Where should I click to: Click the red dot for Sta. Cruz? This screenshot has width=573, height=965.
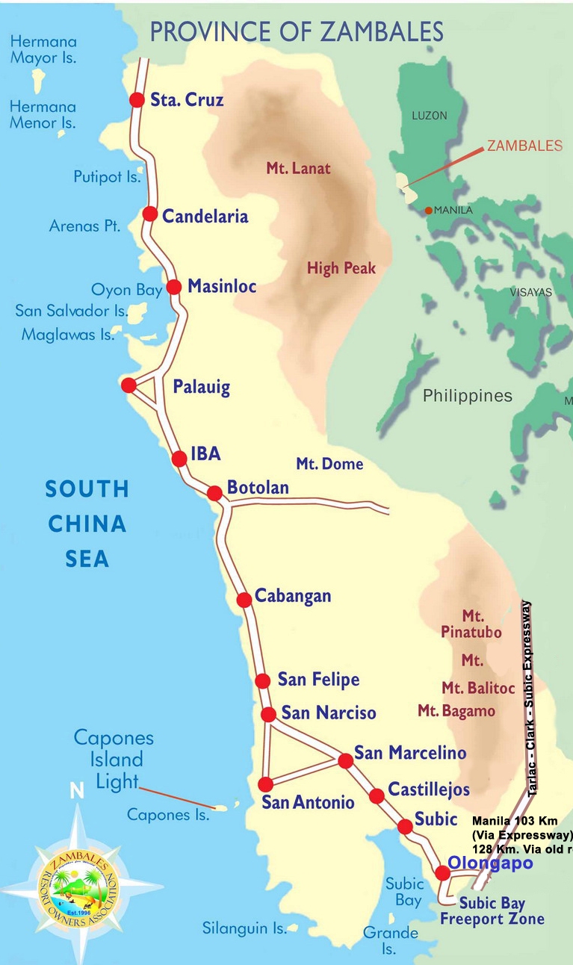pyautogui.click(x=137, y=99)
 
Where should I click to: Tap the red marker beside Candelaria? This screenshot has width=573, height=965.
pyautogui.click(x=149, y=214)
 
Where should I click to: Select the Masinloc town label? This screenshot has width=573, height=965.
pyautogui.click(x=222, y=286)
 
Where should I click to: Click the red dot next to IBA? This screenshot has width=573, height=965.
pyautogui.click(x=179, y=459)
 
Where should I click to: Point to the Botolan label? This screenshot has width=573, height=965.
pyautogui.click(x=258, y=488)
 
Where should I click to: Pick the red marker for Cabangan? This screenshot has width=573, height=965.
pyautogui.click(x=244, y=600)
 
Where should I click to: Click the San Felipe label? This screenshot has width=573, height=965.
pyautogui.click(x=318, y=680)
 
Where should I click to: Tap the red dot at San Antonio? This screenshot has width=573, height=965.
pyautogui.click(x=265, y=784)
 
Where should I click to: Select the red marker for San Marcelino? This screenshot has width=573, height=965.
pyautogui.click(x=345, y=760)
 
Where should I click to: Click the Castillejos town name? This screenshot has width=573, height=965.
pyautogui.click(x=429, y=789)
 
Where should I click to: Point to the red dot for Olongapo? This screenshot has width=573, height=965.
pyautogui.click(x=442, y=872)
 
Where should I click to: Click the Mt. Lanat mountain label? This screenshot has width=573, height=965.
pyautogui.click(x=298, y=168)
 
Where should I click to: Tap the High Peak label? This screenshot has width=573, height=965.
pyautogui.click(x=341, y=268)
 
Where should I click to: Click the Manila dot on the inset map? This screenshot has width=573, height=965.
pyautogui.click(x=428, y=211)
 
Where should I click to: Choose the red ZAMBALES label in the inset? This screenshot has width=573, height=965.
pyautogui.click(x=524, y=146)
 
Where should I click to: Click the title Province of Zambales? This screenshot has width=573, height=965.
pyautogui.click(x=297, y=31)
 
